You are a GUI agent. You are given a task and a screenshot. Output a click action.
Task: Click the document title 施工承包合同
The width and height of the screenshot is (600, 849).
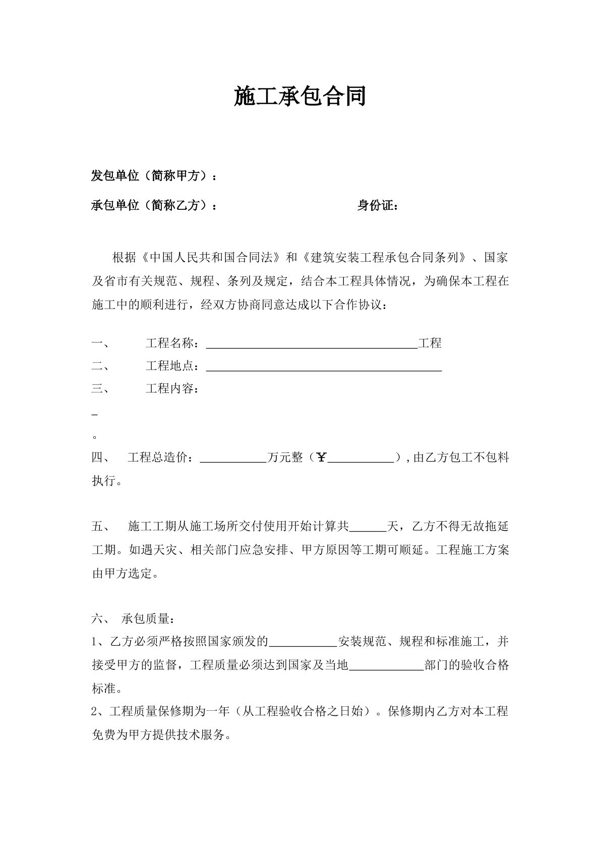(299, 96)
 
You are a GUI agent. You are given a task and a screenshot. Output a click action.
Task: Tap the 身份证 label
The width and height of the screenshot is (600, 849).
(375, 205)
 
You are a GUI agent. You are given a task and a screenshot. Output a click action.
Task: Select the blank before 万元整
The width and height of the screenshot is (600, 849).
(233, 459)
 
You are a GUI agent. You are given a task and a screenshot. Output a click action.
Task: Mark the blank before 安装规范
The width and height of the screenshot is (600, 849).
(303, 643)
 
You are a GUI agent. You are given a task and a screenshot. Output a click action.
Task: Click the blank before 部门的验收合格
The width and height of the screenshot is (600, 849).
(386, 666)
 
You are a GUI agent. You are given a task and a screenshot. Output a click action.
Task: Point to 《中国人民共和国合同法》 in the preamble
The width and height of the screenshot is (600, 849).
(209, 258)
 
